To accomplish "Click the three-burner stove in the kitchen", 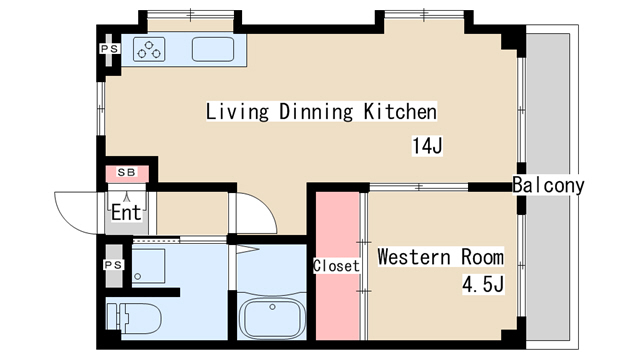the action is click(x=149, y=49).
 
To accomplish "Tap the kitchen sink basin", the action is click(x=213, y=49).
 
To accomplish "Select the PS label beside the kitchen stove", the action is click(x=110, y=49).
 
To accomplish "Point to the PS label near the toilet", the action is click(x=113, y=265).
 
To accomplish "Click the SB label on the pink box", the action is click(x=127, y=172).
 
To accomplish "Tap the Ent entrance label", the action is click(x=127, y=212).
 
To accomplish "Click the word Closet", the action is click(x=336, y=266).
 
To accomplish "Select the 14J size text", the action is click(x=427, y=146).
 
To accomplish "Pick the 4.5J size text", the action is click(x=483, y=284).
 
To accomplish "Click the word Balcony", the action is click(x=548, y=185).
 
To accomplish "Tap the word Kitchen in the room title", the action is click(x=400, y=111).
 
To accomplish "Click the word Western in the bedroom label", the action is click(x=414, y=257).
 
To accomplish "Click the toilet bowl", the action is click(x=134, y=318).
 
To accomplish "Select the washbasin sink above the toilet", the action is click(x=149, y=266).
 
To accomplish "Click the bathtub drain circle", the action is click(x=272, y=307).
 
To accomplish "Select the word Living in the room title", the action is click(x=237, y=111).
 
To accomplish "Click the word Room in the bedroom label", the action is click(x=482, y=257).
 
